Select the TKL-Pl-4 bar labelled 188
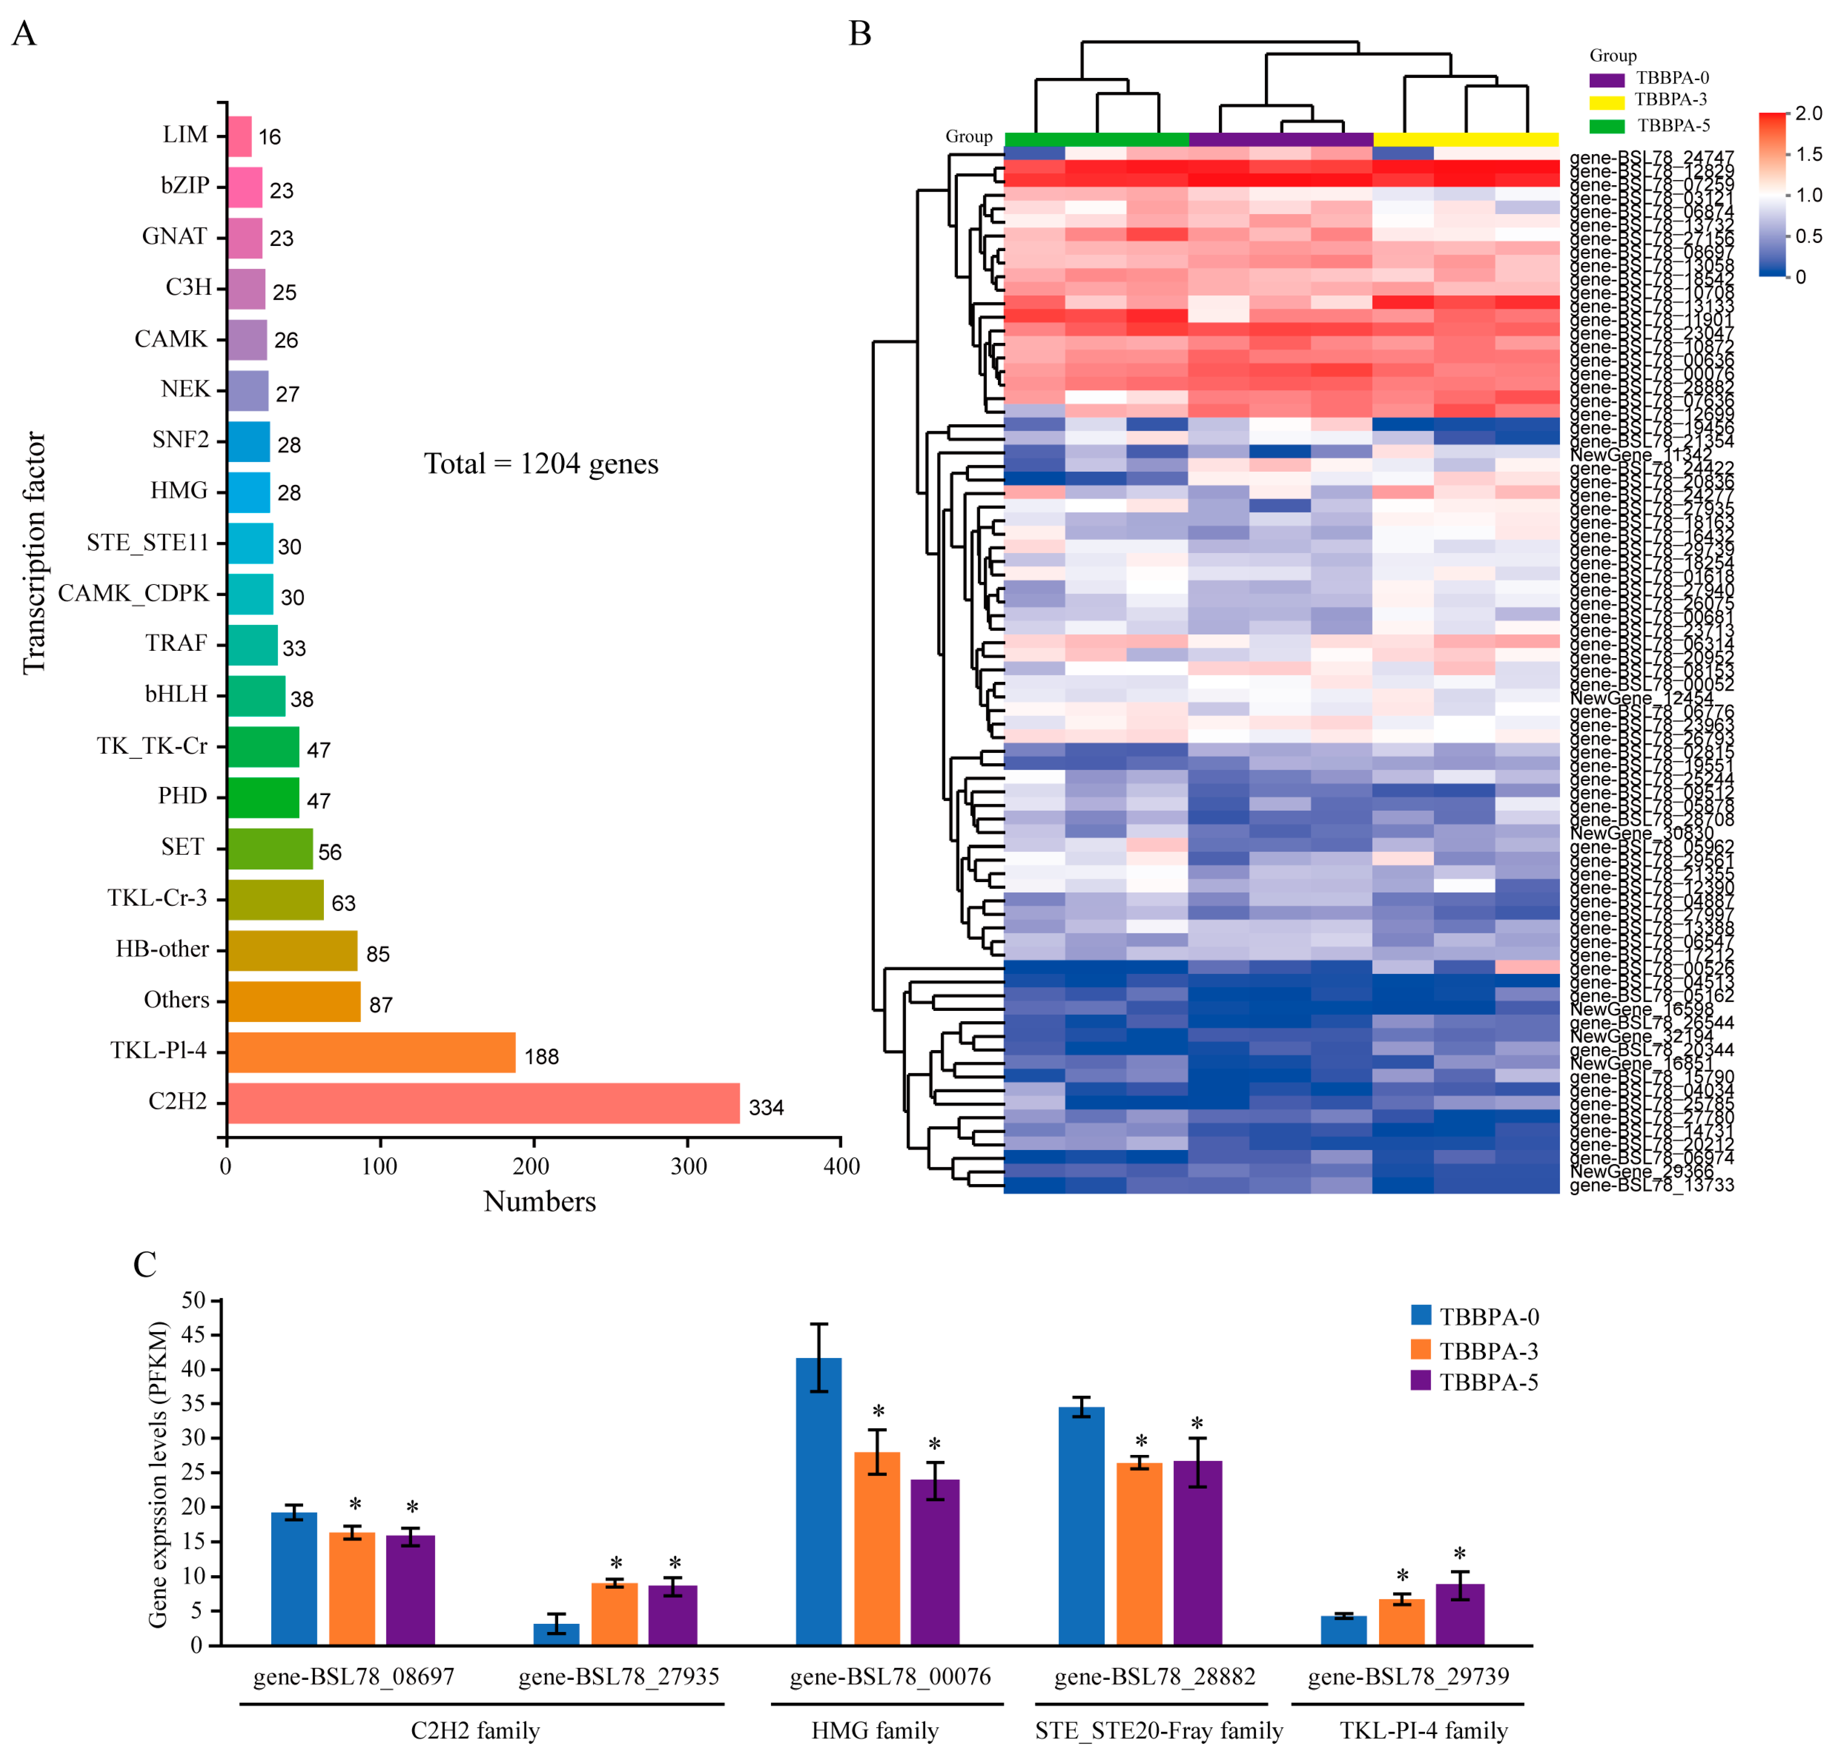pyautogui.click(x=371, y=1052)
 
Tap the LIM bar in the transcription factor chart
pyautogui.click(x=239, y=137)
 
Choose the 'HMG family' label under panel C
pyautogui.click(x=875, y=1731)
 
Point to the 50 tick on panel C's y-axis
pyautogui.click(x=193, y=1301)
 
